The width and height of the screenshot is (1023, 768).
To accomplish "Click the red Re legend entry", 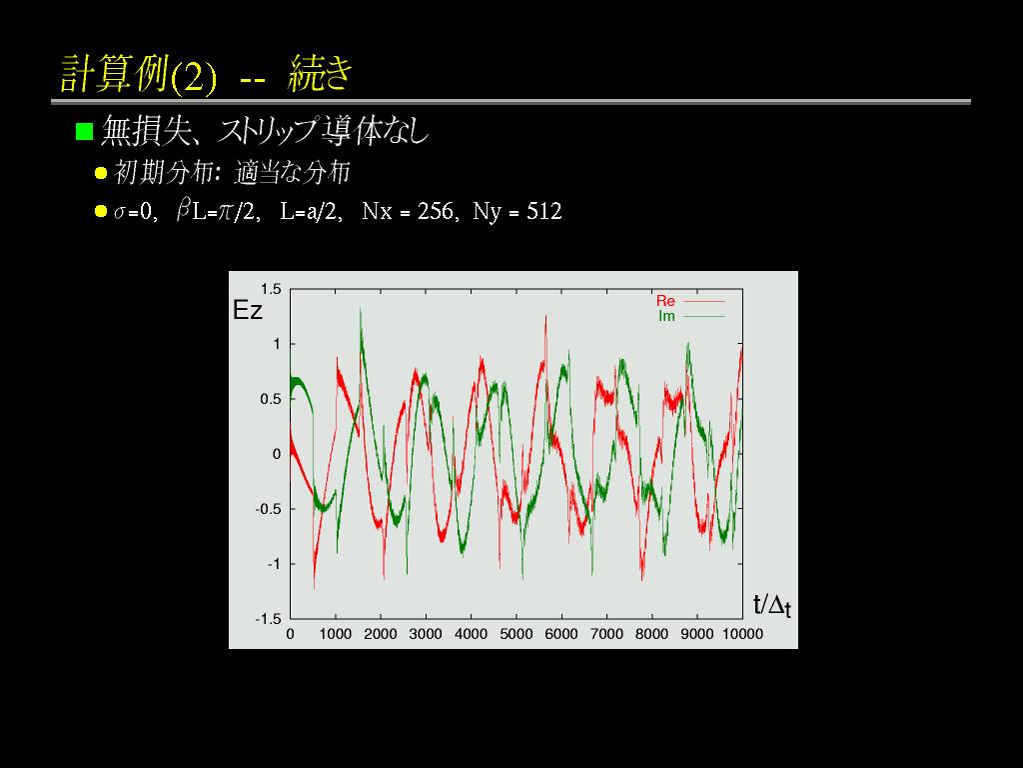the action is pos(665,301).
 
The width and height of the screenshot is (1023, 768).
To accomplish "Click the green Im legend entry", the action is pos(666,316).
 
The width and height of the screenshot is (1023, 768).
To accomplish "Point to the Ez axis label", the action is pos(248,310).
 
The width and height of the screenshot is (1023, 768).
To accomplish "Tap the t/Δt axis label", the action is pos(772,605).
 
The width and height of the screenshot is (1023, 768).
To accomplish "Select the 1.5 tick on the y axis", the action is pos(271,289).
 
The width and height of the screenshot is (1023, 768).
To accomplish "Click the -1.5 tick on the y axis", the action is pos(268,618).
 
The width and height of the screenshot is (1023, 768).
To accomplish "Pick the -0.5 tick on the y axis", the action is pos(268,509).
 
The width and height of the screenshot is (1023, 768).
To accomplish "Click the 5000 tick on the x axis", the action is pos(516,634).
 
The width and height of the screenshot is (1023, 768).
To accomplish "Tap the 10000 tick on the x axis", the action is pos(742,634).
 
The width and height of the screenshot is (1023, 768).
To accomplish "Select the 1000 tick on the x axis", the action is pos(336,634).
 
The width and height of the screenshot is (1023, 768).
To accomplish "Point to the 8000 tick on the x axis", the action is pos(651,634).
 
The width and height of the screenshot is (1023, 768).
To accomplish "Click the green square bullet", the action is pos(84,131).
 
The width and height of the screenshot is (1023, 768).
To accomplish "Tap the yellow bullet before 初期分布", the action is pos(101,173).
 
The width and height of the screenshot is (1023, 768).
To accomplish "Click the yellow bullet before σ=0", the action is pos(101,211).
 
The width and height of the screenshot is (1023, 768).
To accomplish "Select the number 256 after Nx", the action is pos(436,211).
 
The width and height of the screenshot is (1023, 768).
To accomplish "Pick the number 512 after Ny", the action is pos(544,211).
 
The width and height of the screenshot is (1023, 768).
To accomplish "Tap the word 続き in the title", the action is pos(321,73).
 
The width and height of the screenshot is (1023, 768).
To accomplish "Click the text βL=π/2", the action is pos(216,211).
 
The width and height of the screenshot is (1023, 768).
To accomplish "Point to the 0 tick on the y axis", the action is pos(278,454).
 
